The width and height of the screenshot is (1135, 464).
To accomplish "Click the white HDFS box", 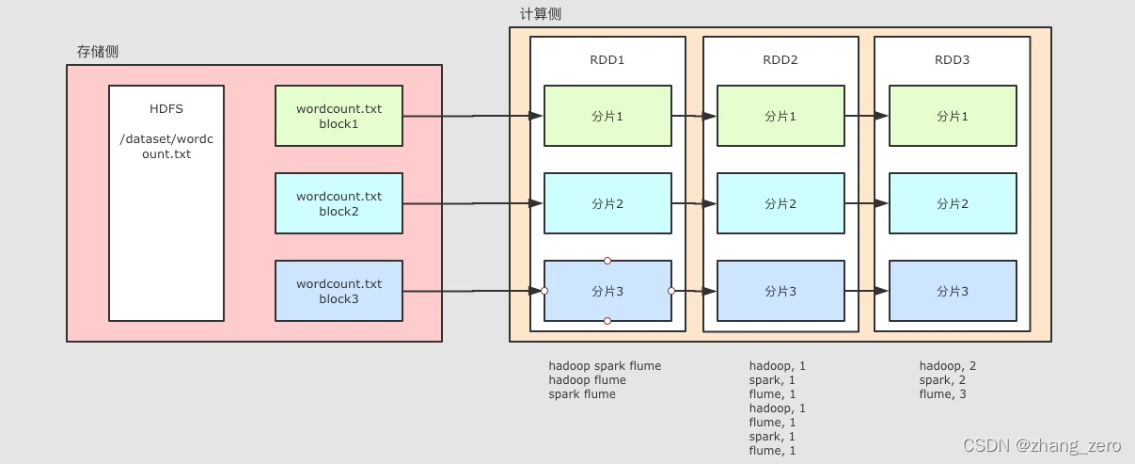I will (x=166, y=202).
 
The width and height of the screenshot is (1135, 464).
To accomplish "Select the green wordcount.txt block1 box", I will (x=339, y=116).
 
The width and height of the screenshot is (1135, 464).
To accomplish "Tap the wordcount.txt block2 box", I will (x=339, y=203).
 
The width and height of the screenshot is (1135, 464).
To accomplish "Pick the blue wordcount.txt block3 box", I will (x=339, y=291).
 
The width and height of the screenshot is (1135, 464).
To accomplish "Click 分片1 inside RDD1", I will (x=607, y=116).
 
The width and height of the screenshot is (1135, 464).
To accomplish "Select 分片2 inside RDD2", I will (x=780, y=203).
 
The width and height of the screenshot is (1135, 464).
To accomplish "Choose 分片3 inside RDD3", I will (x=953, y=291).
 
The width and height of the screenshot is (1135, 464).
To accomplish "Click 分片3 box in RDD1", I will (x=607, y=291).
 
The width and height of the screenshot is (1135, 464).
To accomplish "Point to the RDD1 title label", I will (x=607, y=60).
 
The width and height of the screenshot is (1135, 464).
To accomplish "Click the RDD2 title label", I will (x=780, y=60).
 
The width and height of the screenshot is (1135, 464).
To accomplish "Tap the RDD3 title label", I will (x=952, y=60).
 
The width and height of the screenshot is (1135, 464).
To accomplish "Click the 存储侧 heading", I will (x=98, y=51).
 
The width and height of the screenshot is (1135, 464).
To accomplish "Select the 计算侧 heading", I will (x=541, y=14).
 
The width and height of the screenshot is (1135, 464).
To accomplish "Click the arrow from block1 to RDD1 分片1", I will (x=473, y=116).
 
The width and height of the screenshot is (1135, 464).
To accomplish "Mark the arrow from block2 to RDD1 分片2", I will (x=473, y=203).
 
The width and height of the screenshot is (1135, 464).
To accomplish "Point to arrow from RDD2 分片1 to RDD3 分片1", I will (x=866, y=116).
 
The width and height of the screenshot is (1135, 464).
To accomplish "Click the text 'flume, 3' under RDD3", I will (x=942, y=394).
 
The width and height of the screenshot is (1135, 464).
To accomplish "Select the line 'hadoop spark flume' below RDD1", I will (x=605, y=366).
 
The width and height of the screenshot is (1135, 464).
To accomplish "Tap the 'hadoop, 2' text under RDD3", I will (x=948, y=366).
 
